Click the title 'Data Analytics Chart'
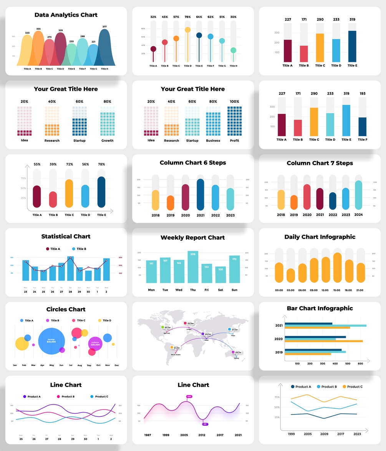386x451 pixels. [66, 15]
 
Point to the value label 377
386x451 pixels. [104, 27]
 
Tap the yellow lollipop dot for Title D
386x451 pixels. [187, 30]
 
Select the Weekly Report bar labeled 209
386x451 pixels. [193, 267]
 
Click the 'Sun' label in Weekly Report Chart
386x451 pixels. [234, 290]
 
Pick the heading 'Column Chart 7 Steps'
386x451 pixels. [320, 163]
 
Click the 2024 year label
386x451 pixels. [358, 215]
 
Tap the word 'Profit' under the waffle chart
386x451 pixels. [234, 141]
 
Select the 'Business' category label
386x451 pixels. [213, 141]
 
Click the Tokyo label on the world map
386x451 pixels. [233, 335]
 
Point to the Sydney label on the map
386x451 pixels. [236, 358]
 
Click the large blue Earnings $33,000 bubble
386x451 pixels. [51, 341]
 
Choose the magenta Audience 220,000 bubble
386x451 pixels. [95, 344]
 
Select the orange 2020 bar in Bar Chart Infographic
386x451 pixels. [323, 341]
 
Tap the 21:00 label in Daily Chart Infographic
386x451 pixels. [360, 290]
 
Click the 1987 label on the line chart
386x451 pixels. [147, 435]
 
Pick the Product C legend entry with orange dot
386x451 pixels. [352, 387]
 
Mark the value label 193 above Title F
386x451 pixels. [363, 93]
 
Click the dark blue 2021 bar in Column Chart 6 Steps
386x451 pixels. [200, 195]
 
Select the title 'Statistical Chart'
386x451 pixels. [66, 236]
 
